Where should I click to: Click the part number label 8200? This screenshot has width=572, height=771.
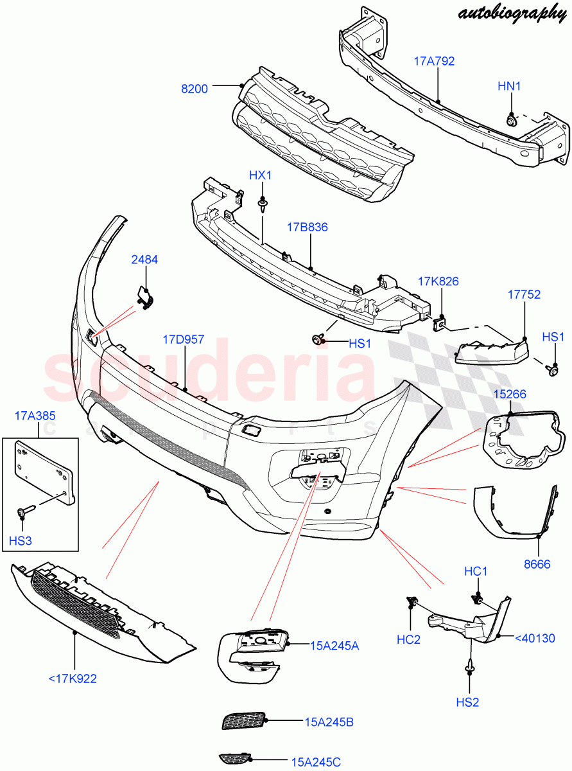(x=194, y=89)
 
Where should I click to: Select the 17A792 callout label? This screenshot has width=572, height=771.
(x=434, y=62)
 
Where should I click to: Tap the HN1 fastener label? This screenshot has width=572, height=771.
(x=511, y=85)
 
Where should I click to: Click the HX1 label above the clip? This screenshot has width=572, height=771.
(x=261, y=175)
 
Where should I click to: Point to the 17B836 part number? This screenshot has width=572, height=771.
(x=307, y=227)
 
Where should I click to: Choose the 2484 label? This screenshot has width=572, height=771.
(x=144, y=260)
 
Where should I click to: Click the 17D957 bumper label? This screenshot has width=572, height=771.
(x=183, y=339)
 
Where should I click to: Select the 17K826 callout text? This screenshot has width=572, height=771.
(x=438, y=281)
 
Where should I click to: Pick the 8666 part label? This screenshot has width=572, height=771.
(x=538, y=564)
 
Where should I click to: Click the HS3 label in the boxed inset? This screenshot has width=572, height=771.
(x=21, y=541)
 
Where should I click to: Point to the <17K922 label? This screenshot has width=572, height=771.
(x=73, y=678)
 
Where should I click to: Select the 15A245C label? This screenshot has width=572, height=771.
(x=316, y=762)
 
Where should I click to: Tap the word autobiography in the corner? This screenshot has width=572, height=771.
(x=512, y=12)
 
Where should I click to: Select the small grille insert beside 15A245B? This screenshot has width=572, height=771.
(x=243, y=721)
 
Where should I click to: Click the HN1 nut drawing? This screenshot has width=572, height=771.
(x=511, y=120)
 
